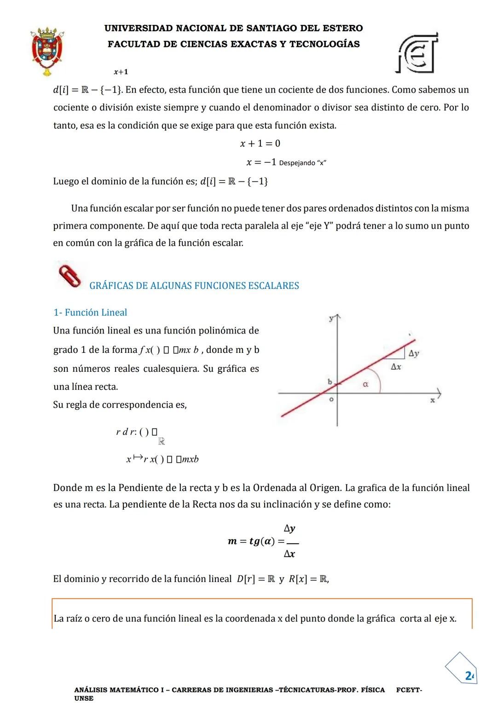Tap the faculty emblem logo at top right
[417, 53]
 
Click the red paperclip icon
[70, 276]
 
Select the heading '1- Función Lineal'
[90, 312]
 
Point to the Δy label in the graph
[414, 353]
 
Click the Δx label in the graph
[396, 367]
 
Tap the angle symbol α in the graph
[365, 384]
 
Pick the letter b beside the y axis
[329, 381]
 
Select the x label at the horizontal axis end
[432, 400]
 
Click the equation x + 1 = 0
[260, 144]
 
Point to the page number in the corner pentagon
[468, 675]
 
